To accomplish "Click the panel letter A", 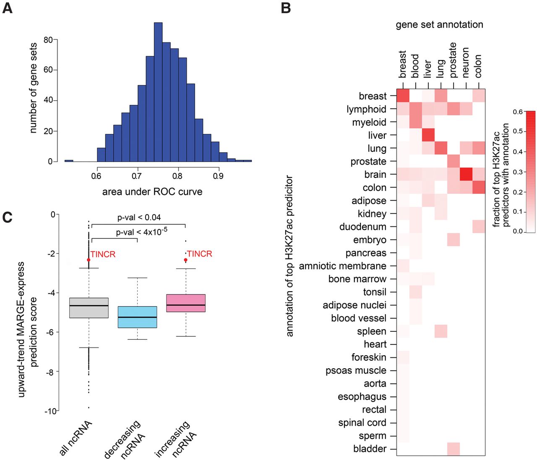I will [x=7, y=8].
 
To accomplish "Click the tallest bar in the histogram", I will [x=158, y=92].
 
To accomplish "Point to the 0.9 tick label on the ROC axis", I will [x=218, y=176].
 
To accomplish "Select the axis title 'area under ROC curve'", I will [x=152, y=192].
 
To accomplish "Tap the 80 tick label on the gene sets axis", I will [x=48, y=40].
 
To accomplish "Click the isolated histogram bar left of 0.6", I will [x=69, y=161].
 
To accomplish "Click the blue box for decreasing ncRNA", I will [x=137, y=317].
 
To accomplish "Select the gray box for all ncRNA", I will [x=89, y=308].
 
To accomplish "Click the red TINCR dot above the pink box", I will [x=185, y=260].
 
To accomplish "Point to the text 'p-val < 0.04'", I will [x=139, y=217].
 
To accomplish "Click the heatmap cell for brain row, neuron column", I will [x=466, y=175].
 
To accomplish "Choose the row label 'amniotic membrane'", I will [x=342, y=266].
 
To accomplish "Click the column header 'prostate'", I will [x=453, y=60].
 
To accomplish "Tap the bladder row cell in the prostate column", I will [x=454, y=449].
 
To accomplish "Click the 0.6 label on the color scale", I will [x=518, y=112].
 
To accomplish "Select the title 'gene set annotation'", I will [x=439, y=25].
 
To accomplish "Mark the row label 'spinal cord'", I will [x=362, y=423].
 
